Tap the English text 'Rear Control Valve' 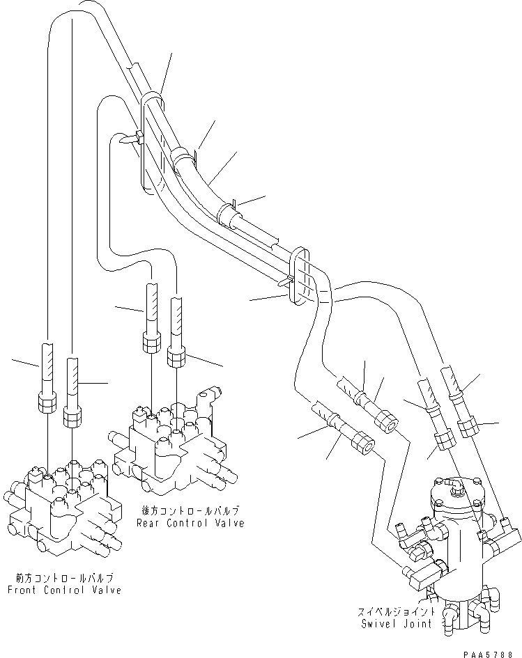[x=190, y=523]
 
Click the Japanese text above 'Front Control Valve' [x=64, y=578]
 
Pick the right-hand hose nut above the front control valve [x=72, y=416]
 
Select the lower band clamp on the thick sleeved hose [x=228, y=212]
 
